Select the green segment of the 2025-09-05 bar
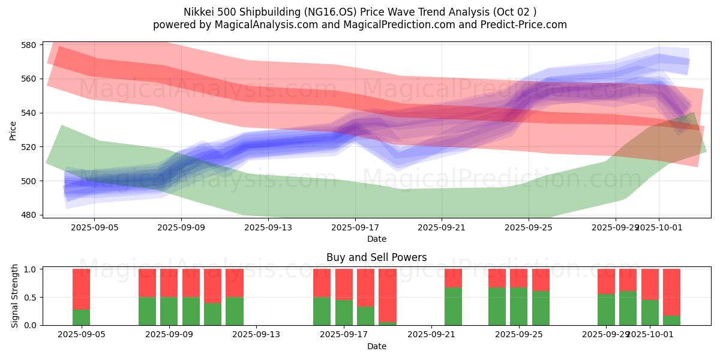(x=81, y=317)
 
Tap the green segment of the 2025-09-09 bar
(x=169, y=311)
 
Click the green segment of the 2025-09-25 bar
(x=518, y=306)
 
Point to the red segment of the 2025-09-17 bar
(x=344, y=284)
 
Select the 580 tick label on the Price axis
(x=29, y=45)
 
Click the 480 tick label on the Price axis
(x=29, y=215)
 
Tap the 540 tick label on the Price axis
(x=29, y=113)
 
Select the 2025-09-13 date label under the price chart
(x=268, y=227)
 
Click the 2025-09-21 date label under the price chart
(x=442, y=227)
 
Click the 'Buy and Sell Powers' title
(x=376, y=257)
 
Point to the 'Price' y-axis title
(x=13, y=130)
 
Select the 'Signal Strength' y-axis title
(x=15, y=297)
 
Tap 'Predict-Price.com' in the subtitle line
(x=523, y=25)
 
